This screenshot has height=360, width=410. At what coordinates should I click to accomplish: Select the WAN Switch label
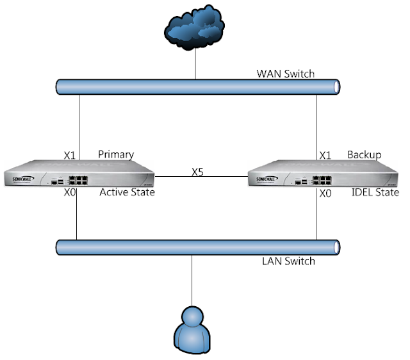click(286, 74)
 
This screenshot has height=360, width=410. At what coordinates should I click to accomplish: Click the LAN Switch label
click(289, 261)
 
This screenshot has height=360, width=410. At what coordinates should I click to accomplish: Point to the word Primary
click(115, 154)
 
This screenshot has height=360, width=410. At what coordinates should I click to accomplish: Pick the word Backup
click(364, 154)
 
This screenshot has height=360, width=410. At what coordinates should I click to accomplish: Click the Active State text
click(127, 192)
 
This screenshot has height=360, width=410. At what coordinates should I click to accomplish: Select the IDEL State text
click(375, 192)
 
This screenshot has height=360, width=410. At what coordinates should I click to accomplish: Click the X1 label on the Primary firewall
click(70, 155)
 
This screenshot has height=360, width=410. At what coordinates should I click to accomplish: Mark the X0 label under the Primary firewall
click(70, 192)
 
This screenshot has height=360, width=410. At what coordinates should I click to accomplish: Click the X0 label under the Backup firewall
click(325, 192)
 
